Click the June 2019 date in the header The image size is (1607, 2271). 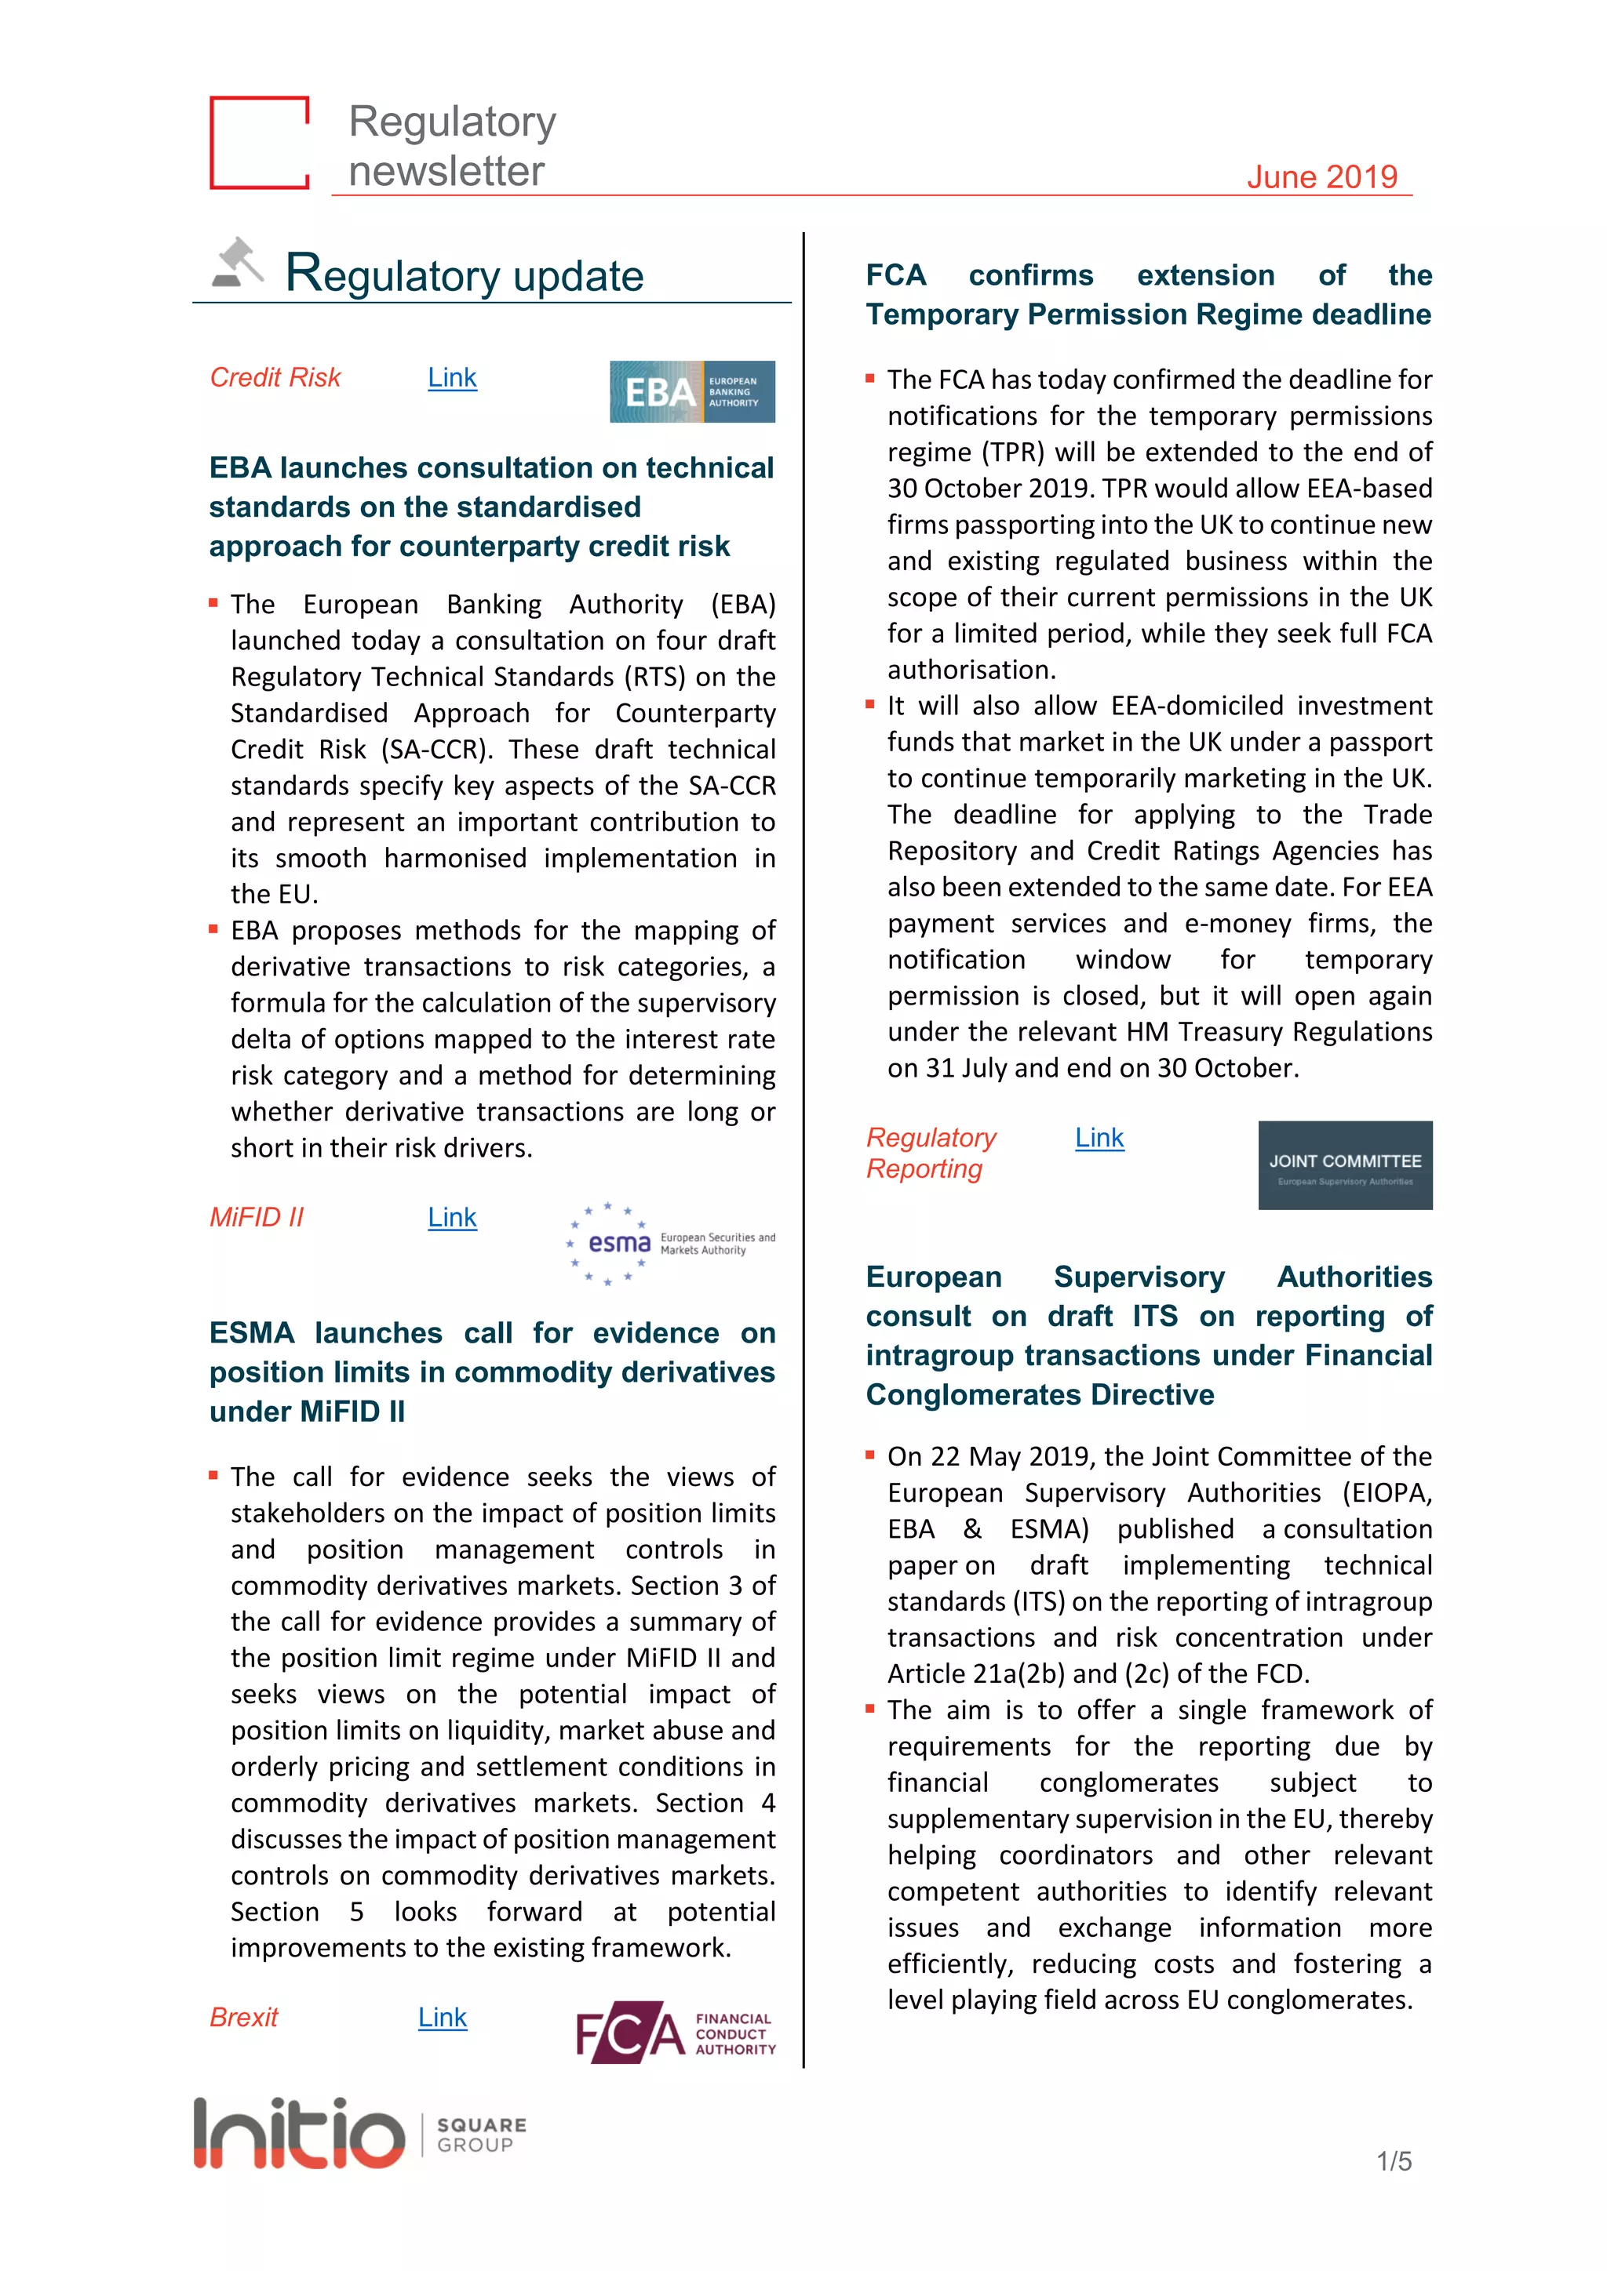(1321, 177)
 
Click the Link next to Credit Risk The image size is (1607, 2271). (452, 378)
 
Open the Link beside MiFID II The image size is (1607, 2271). (452, 1218)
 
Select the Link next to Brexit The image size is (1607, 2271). (443, 2017)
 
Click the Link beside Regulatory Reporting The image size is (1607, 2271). (1099, 1138)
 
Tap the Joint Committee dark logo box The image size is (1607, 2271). (1345, 1165)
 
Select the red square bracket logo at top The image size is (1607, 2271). (259, 143)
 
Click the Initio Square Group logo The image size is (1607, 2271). (360, 2132)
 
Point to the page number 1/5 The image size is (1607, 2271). (1394, 2161)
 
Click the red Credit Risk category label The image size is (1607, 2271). (275, 378)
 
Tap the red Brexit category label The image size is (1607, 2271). (243, 2017)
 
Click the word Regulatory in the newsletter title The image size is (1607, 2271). (452, 122)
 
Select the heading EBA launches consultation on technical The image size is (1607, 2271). (490, 468)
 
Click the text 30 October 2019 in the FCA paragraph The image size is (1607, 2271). (990, 489)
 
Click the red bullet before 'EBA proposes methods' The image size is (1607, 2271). (213, 928)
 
